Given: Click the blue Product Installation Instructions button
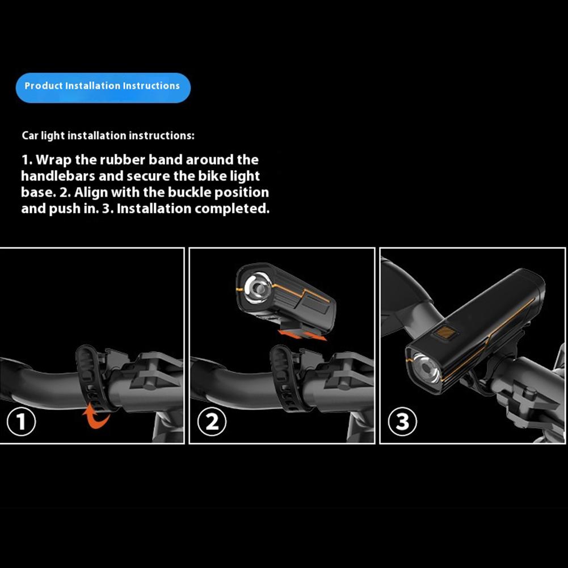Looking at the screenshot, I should [x=103, y=87].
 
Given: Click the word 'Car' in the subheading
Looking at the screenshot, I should [x=30, y=136].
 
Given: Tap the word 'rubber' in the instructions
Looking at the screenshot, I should [x=119, y=160].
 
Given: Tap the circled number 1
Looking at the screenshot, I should [x=21, y=423].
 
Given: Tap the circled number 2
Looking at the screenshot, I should [x=212, y=423].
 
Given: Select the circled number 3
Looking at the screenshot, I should [x=402, y=423].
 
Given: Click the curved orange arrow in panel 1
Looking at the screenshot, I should [x=96, y=415].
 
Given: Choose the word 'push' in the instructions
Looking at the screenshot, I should [x=62, y=209].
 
